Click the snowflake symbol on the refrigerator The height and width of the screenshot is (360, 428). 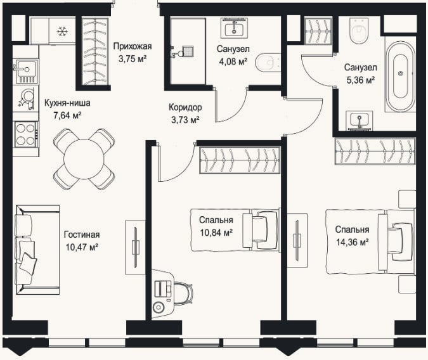tap(62, 32)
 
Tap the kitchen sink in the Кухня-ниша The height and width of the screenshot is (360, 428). tap(26, 72)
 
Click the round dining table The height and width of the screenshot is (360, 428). tap(84, 159)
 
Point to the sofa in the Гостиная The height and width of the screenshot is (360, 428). tap(37, 250)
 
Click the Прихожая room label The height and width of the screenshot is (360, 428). tap(133, 46)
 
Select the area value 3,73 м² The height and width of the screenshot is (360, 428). tap(185, 120)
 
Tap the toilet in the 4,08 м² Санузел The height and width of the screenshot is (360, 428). tap(268, 63)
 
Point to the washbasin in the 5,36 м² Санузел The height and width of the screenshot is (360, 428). tap(360, 120)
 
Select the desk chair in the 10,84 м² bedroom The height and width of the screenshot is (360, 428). tap(183, 293)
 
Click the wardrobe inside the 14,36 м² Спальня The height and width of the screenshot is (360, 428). tap(375, 151)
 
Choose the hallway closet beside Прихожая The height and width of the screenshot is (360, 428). tap(95, 52)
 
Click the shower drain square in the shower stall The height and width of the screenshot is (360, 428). tap(188, 51)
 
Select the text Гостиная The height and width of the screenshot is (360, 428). tap(82, 235)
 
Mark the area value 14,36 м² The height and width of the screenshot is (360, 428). tap(353, 242)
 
